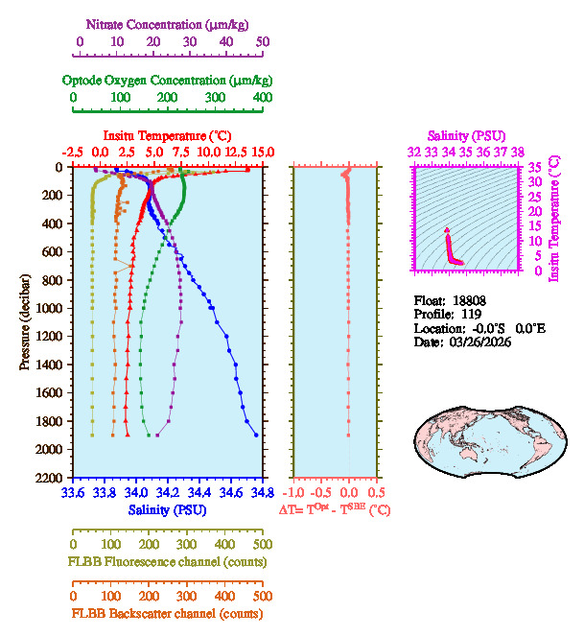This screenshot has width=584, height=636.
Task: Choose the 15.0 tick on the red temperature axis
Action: tap(262, 153)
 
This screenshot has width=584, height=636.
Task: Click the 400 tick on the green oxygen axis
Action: tap(262, 97)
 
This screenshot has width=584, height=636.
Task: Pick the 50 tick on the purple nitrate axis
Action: tap(262, 41)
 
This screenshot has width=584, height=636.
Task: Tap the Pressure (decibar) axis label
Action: tap(25, 322)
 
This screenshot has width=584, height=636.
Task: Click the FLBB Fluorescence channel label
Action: tap(167, 560)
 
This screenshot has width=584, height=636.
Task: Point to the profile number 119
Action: tap(469, 314)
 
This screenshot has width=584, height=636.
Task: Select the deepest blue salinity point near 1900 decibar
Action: tap(256, 435)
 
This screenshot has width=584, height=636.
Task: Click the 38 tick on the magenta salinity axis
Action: tap(518, 152)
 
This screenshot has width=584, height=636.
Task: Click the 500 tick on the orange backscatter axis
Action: tap(262, 596)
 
